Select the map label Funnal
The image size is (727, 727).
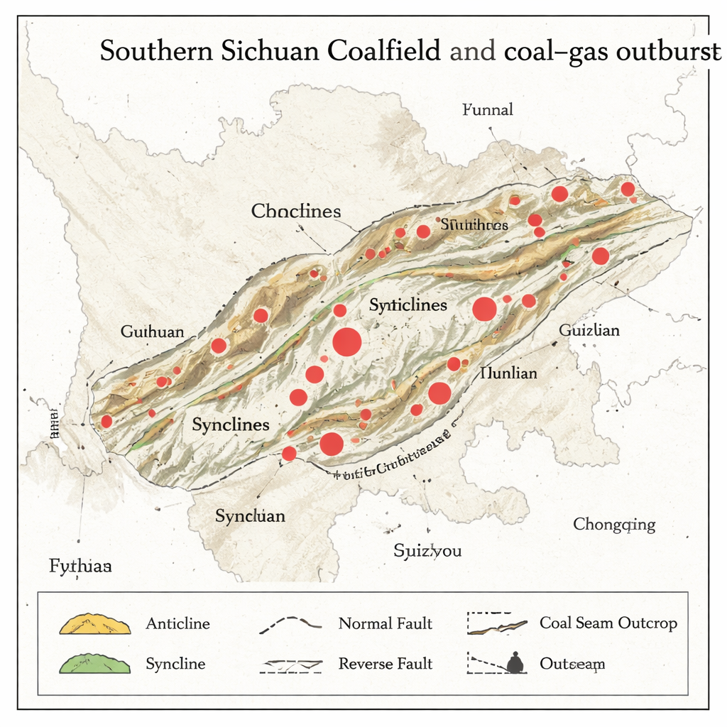(x=487, y=110)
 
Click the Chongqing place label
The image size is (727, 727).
(x=614, y=525)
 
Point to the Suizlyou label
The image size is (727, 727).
(x=427, y=550)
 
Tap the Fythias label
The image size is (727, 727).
(x=80, y=567)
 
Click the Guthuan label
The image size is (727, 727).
(x=152, y=332)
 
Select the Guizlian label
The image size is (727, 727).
(x=589, y=330)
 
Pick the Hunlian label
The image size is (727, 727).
(x=508, y=373)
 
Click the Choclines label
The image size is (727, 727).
(x=296, y=211)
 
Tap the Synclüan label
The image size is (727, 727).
(x=250, y=516)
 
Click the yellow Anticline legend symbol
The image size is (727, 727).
(x=95, y=625)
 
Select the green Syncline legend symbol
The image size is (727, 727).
(x=95, y=665)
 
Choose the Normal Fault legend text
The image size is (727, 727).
(x=385, y=624)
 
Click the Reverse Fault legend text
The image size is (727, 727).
(x=385, y=665)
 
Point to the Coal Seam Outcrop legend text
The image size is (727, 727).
(x=608, y=623)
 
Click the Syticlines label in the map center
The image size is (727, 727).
(x=408, y=305)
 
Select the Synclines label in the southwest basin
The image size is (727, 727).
(x=231, y=425)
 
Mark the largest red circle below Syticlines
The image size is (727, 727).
(x=347, y=342)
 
